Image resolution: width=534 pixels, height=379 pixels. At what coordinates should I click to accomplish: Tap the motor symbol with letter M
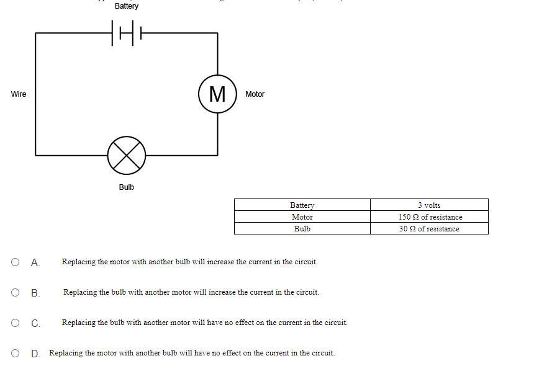217,94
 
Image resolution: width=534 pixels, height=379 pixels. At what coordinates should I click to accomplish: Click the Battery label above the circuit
127,6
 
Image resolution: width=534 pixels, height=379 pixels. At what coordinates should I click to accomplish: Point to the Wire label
19,94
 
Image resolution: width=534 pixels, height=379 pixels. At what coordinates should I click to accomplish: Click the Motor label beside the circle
255,94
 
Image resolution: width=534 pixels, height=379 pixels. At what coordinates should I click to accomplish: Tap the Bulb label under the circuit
127,187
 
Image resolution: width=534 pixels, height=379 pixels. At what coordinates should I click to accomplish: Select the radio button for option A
16,262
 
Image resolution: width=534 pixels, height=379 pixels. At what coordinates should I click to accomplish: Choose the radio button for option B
16,292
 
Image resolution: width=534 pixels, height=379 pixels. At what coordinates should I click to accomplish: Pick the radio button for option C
16,323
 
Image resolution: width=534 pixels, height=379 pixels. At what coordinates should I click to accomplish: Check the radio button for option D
16,353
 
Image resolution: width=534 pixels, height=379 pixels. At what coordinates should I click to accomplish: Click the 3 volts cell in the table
429,205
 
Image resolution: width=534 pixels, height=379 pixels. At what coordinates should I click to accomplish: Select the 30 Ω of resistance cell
429,229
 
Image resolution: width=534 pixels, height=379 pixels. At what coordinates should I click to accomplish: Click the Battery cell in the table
302,205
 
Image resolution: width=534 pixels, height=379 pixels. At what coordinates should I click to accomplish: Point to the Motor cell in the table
302,217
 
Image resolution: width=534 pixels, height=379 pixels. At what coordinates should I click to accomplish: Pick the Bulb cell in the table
302,229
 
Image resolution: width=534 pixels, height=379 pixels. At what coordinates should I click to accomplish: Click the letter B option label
35,293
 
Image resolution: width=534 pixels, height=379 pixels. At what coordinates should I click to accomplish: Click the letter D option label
35,354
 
